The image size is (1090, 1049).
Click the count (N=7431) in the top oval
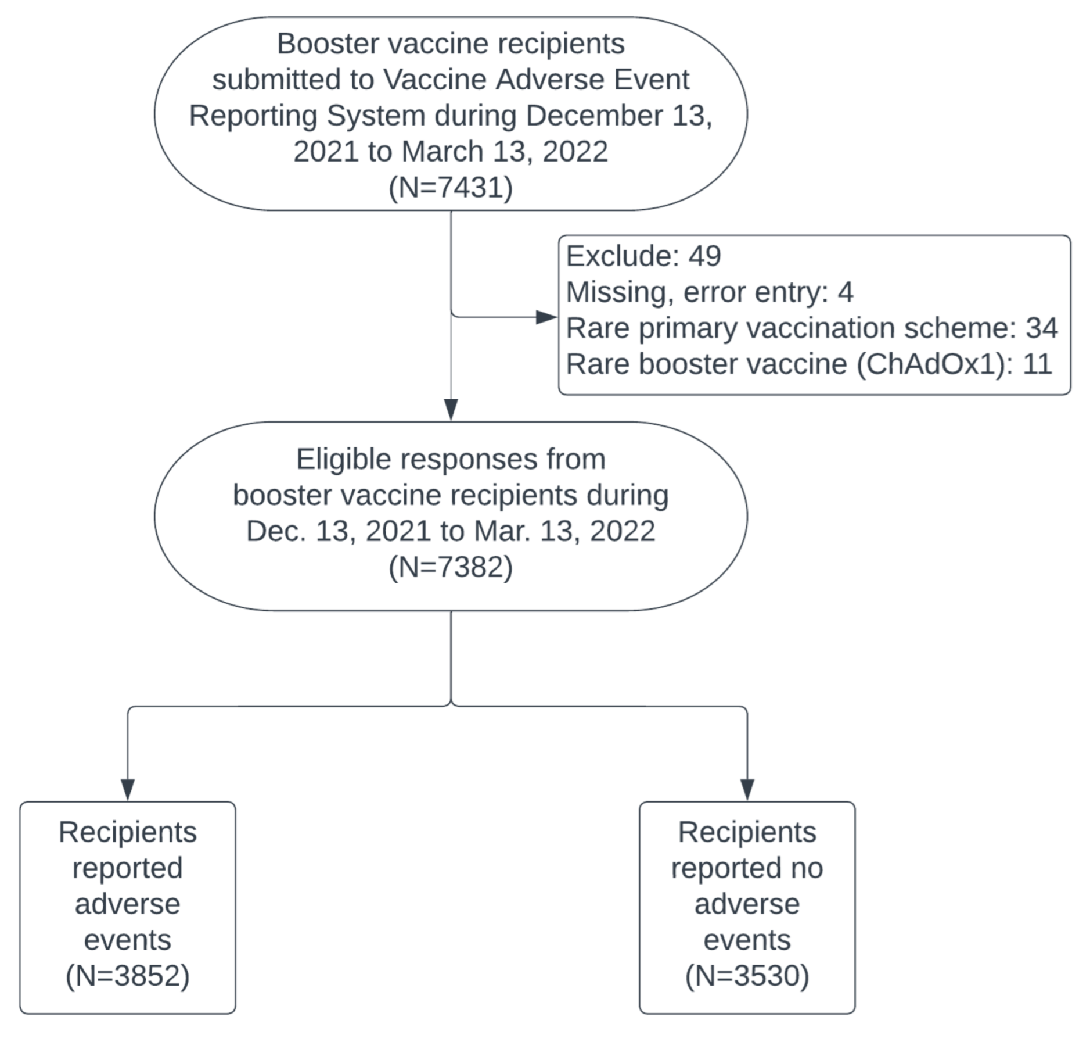click(x=450, y=188)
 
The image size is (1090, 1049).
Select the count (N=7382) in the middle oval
click(x=450, y=567)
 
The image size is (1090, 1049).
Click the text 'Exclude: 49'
click(x=643, y=256)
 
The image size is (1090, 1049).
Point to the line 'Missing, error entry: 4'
click(x=709, y=292)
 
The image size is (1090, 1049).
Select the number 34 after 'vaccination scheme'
click(x=1041, y=328)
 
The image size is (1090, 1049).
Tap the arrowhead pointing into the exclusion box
click(x=546, y=317)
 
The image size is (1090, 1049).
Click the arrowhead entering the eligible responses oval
click(x=451, y=409)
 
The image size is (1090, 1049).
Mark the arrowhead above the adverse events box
click(x=128, y=789)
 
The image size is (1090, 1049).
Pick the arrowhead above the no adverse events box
click(x=747, y=789)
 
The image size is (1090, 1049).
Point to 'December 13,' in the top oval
click(x=619, y=116)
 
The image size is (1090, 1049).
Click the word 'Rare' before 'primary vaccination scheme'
click(x=598, y=328)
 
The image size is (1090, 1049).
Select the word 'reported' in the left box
click(x=127, y=868)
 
